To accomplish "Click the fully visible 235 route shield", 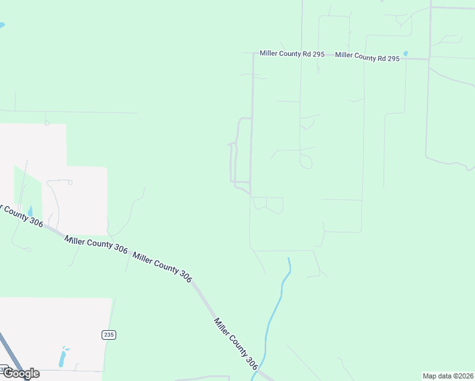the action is click(x=109, y=334).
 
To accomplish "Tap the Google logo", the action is click(x=21, y=373).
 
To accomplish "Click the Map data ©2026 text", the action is click(x=448, y=376).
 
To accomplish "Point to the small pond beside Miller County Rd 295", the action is click(x=406, y=53).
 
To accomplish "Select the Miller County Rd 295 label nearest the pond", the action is click(x=367, y=57).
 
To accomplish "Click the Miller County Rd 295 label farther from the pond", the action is click(x=291, y=54).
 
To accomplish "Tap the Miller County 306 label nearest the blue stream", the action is click(x=236, y=344).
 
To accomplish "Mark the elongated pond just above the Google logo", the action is click(x=62, y=358).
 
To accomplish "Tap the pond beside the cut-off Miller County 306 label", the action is click(x=30, y=211).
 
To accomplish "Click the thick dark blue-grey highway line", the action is click(x=11, y=356).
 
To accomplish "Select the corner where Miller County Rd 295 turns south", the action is click(x=254, y=55).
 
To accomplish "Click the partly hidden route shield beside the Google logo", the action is click(x=3, y=369).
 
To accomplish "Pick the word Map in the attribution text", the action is click(x=430, y=376).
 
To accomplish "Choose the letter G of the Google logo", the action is click(x=8, y=373).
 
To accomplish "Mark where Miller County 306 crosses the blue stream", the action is click(x=258, y=372).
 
